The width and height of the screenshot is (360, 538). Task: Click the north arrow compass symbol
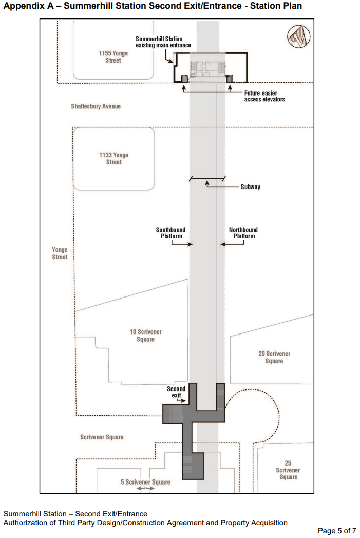[298, 36]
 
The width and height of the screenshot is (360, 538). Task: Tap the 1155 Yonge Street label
[113, 57]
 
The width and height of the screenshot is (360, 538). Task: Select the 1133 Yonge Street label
[114, 158]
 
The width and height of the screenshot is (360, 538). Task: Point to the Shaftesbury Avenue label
[96, 106]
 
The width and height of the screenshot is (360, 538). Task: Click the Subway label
[250, 187]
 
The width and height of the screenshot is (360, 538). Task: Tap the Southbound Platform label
[170, 233]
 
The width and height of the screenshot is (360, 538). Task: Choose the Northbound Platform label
[243, 233]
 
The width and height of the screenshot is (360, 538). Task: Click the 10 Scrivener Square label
[146, 336]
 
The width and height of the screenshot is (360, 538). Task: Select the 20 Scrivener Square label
[274, 357]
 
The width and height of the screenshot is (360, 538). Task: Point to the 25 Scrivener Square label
[288, 470]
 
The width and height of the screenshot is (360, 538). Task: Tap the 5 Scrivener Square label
[145, 482]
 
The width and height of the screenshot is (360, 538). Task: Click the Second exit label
[176, 392]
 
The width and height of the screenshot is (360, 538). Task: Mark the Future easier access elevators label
[264, 96]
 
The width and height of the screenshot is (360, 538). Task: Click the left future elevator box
[184, 79]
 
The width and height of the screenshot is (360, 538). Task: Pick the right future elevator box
[230, 79]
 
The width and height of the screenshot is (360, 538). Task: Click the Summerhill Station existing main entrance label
[163, 42]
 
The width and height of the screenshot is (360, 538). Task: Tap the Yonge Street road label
[60, 253]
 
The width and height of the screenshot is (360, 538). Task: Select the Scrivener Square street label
[102, 437]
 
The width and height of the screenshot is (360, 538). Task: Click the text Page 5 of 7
[337, 531]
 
